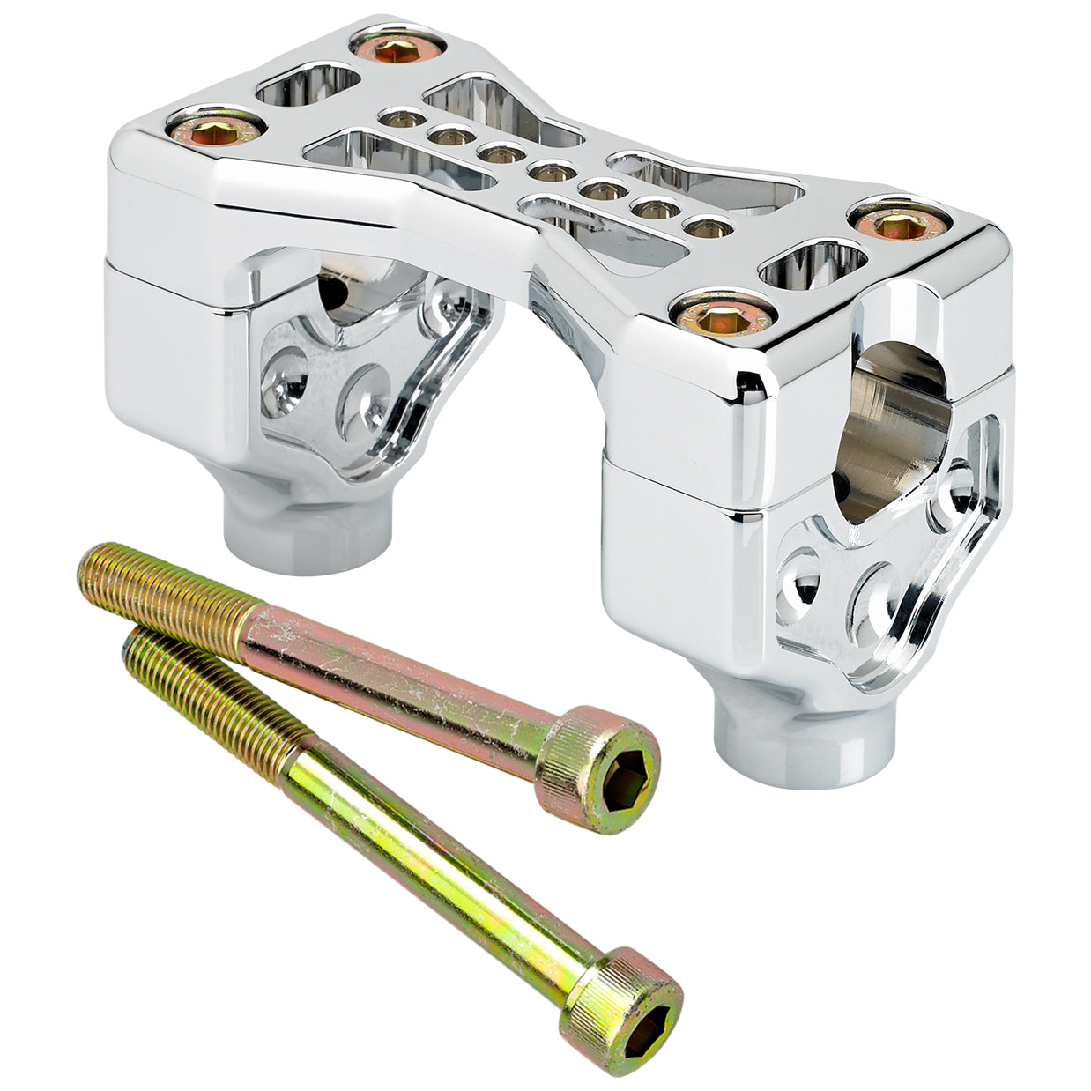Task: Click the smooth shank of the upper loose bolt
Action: (x=397, y=679)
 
